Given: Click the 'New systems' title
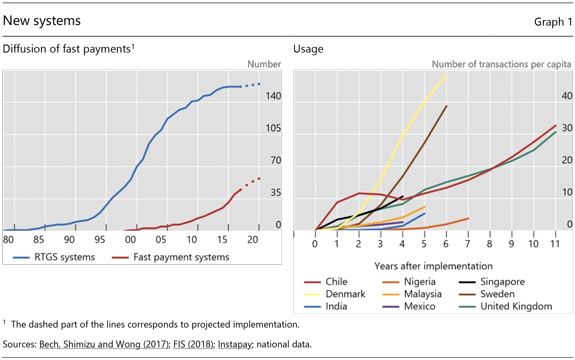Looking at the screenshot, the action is pos(41,21).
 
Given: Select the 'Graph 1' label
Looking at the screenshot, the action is pos(553,22).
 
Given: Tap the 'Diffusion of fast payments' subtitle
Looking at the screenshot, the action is pos(68,49).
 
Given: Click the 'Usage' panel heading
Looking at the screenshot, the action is pos(308,49).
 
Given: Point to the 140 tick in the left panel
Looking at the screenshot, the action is pos(274,96).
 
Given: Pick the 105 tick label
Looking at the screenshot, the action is pos(274,128).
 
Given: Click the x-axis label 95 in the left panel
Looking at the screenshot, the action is pos(99,240).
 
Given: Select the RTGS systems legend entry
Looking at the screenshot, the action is pos(54,257).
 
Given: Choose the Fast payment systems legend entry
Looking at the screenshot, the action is pos(171,257).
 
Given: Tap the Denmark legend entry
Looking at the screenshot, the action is pos(335,294).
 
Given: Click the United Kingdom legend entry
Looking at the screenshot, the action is pos(506,306).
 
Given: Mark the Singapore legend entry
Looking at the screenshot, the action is pos(492,282).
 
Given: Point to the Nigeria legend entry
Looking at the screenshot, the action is pos(409,282).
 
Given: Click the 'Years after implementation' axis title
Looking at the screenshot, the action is pos(433,266).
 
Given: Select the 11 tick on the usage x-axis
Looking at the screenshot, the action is pos(555,243).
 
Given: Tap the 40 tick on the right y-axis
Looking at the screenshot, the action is pos(567,96).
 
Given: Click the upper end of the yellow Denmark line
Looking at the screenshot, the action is pos(446,74).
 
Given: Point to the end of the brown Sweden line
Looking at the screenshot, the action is pos(446,106).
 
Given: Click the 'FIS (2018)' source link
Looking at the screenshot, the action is pos(193,344).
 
